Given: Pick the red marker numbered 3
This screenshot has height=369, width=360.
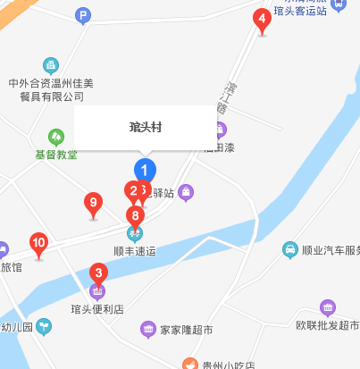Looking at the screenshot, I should pos(99,273).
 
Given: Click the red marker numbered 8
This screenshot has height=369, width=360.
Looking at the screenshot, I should pos(136,215).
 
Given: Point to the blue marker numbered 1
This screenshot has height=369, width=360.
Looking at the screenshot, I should pos(145,169).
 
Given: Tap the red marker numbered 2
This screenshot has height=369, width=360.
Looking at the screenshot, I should pos(132,190).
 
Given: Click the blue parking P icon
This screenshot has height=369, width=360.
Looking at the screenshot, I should pos(83,15).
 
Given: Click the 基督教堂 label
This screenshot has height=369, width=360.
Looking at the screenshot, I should pos(56,155).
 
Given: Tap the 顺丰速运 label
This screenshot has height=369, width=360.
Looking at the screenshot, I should pos(135,252).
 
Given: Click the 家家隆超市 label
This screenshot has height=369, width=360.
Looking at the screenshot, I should pos(187,331).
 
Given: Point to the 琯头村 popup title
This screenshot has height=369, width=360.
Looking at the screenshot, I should pos(145,128).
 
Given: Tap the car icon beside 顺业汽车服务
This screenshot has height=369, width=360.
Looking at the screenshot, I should pos(290,250).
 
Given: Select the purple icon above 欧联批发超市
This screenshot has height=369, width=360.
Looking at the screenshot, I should pos(328,308).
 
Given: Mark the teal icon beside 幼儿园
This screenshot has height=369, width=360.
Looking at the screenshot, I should pos(43,327).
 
